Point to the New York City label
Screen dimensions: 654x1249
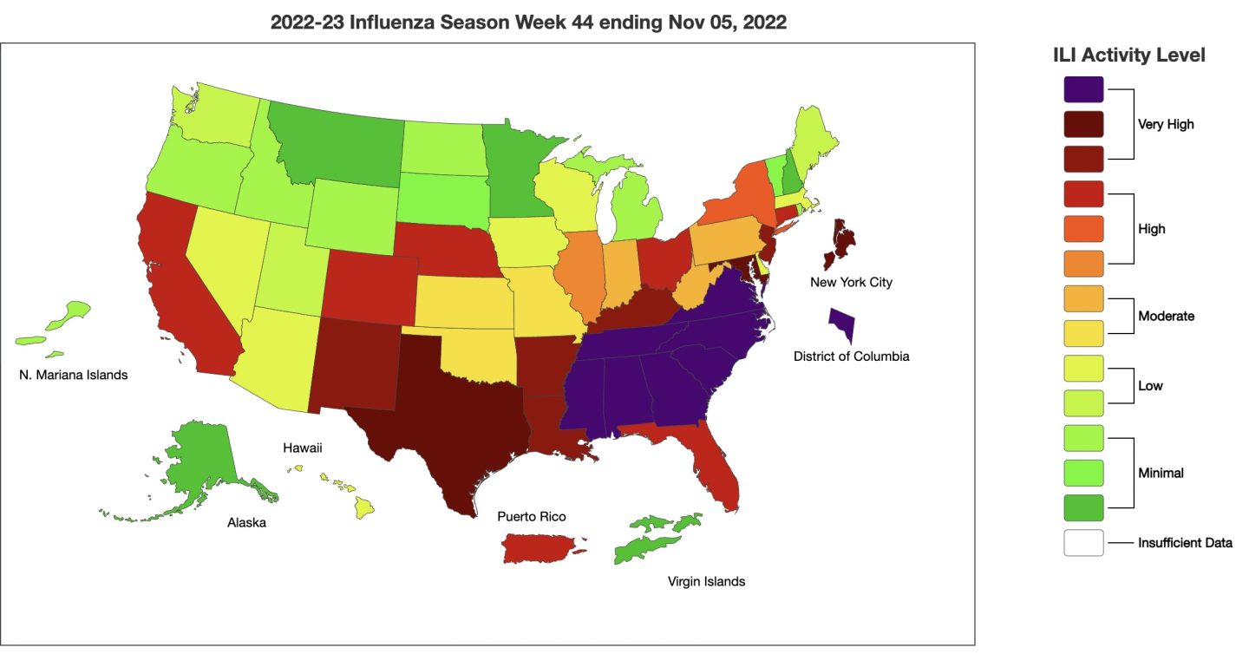coord(851,282)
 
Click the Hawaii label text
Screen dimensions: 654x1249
coord(303,448)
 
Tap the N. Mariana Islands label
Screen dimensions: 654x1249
coord(73,376)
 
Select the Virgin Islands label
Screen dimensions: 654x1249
coord(706,581)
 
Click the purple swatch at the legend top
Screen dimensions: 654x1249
coord(1083,89)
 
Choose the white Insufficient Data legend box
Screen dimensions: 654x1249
coord(1083,543)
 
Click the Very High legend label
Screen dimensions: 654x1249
coord(1166,124)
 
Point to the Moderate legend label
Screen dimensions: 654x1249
coord(1166,316)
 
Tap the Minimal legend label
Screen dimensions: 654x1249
coord(1161,474)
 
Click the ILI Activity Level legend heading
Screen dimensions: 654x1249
coord(1128,55)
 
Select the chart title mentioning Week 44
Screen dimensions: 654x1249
coord(528,23)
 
